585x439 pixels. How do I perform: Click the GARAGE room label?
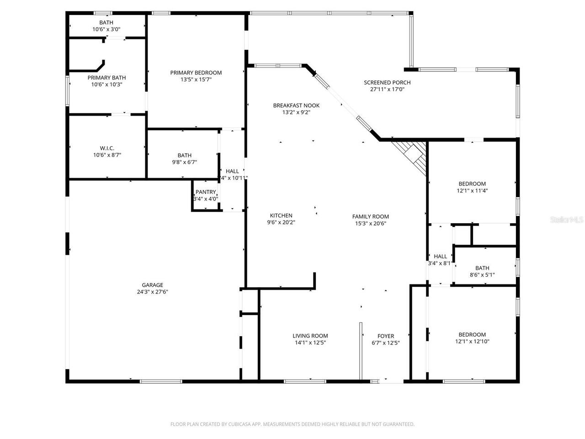click(153, 285)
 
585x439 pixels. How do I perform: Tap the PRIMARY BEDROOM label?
click(196, 73)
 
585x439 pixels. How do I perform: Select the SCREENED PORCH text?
click(387, 83)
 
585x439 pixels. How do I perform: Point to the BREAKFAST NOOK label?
click(296, 106)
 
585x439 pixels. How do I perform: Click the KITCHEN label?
click(281, 216)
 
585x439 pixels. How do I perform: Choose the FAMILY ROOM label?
click(371, 217)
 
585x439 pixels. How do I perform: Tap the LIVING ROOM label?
click(310, 336)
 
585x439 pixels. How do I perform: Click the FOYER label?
click(386, 336)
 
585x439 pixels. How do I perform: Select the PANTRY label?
click(206, 192)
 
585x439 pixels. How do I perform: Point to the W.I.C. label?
click(107, 148)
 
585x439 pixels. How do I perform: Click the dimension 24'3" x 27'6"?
click(153, 292)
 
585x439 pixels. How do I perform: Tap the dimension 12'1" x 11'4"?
click(472, 191)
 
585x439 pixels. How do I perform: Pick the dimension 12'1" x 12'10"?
click(472, 341)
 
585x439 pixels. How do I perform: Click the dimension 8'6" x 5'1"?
click(482, 275)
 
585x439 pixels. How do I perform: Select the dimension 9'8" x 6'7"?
click(185, 162)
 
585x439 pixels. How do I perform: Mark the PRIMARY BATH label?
click(107, 78)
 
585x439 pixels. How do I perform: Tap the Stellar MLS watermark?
click(567, 220)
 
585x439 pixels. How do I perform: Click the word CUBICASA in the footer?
click(234, 424)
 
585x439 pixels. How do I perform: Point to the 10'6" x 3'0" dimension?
click(106, 29)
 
